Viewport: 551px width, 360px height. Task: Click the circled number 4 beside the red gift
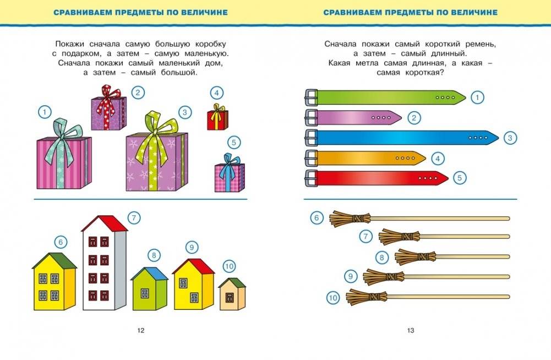click(x=217, y=93)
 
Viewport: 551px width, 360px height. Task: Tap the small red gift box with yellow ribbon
click(x=217, y=119)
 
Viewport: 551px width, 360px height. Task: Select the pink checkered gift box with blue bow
click(x=229, y=177)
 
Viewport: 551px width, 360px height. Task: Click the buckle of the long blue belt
click(x=311, y=138)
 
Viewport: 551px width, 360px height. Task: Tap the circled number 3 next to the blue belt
click(x=510, y=138)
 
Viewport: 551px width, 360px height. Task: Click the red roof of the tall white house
click(x=105, y=223)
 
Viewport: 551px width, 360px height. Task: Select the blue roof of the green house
click(x=149, y=273)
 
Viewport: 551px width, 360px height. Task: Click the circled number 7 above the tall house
click(x=134, y=217)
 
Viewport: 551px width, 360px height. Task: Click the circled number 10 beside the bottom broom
click(x=332, y=298)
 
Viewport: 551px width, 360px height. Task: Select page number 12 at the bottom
click(x=140, y=330)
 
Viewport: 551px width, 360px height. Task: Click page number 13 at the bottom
click(x=410, y=330)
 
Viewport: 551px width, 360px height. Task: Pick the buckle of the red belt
click(x=311, y=178)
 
